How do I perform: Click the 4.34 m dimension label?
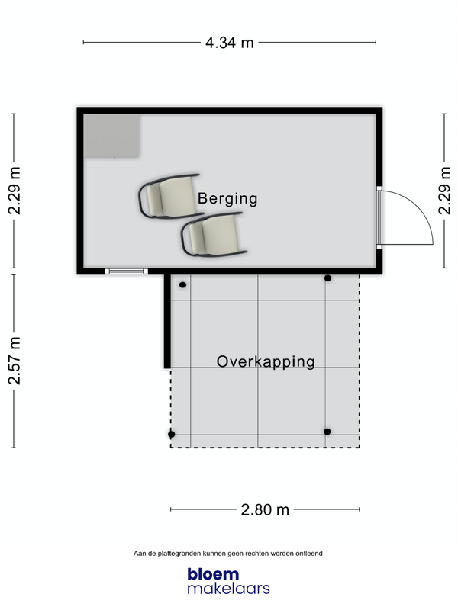[x=230, y=43]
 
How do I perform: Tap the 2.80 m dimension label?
[x=265, y=509]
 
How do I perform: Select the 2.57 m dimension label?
[x=15, y=361]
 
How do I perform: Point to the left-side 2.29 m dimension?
[x=15, y=191]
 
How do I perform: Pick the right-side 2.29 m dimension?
[x=444, y=191]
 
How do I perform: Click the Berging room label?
[x=227, y=198]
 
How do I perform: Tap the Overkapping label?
[x=266, y=361]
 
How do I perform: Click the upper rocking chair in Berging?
[x=171, y=196]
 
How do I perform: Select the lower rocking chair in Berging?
[x=214, y=235]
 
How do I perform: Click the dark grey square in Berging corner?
[x=112, y=136]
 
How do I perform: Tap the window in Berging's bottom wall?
[x=126, y=271]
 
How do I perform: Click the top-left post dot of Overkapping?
[x=182, y=284]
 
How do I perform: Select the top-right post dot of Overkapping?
[x=328, y=278]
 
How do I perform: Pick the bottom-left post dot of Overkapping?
[x=171, y=434]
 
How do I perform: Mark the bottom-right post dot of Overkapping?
[x=327, y=432]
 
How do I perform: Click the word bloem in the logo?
[x=213, y=574]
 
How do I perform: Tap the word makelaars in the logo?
[x=228, y=588]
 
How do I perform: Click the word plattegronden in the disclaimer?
[x=179, y=554]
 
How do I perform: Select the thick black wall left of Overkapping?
[x=167, y=321]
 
